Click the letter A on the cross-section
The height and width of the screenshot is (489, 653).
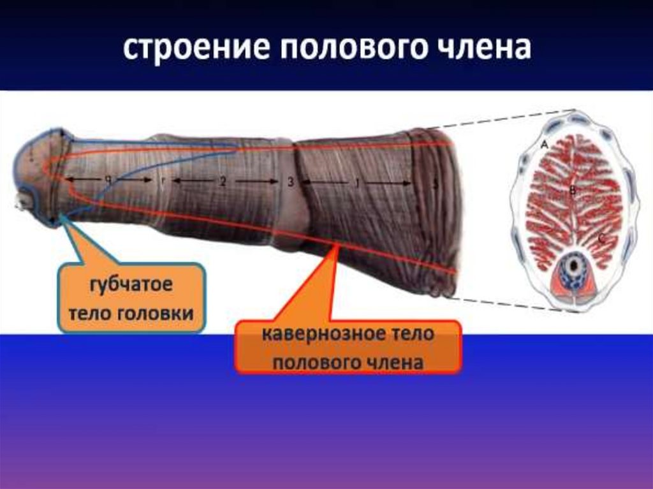coord(544,145)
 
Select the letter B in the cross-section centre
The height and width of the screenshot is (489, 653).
coord(573,190)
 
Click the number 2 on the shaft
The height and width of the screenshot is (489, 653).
coord(223,182)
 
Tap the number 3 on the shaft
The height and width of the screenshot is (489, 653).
coord(290,182)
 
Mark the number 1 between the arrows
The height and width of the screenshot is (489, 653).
coord(357,183)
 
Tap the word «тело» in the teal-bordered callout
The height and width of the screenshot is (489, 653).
coord(87,314)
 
